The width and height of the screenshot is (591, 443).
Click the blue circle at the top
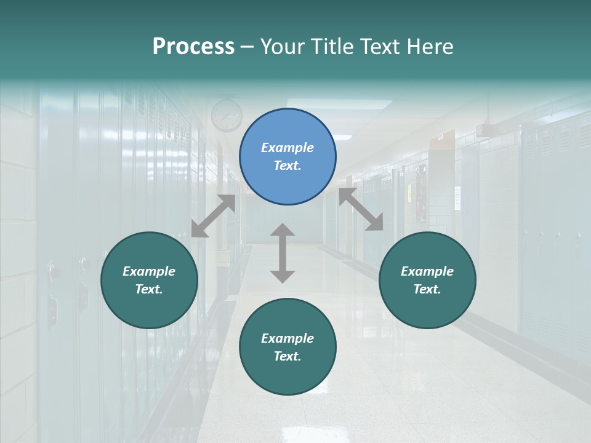pyautogui.click(x=287, y=157)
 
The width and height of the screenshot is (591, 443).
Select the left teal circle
pyautogui.click(x=149, y=280)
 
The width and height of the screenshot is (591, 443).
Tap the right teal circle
pyautogui.click(x=427, y=280)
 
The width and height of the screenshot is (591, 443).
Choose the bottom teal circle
pyautogui.click(x=287, y=347)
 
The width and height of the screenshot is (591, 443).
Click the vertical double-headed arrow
pyautogui.click(x=283, y=253)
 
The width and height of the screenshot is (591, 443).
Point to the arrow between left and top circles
pyautogui.click(x=213, y=216)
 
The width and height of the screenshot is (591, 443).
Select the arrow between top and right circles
pyautogui.click(x=361, y=209)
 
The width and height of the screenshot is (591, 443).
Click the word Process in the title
pyautogui.click(x=193, y=46)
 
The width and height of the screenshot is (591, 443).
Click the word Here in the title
pyautogui.click(x=431, y=46)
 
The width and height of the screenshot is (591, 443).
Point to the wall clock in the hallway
pyautogui.click(x=227, y=115)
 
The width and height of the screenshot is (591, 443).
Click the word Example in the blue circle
pyautogui.click(x=287, y=148)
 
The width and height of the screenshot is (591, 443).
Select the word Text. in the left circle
pyautogui.click(x=149, y=289)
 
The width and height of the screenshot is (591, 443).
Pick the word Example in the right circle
pyautogui.click(x=427, y=271)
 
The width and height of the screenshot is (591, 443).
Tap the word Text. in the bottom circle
pyautogui.click(x=287, y=356)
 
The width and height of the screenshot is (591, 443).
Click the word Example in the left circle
pyautogui.click(x=149, y=271)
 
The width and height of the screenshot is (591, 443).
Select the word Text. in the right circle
pyautogui.click(x=427, y=289)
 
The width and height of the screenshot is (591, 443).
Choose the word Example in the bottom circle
pyautogui.click(x=287, y=338)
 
